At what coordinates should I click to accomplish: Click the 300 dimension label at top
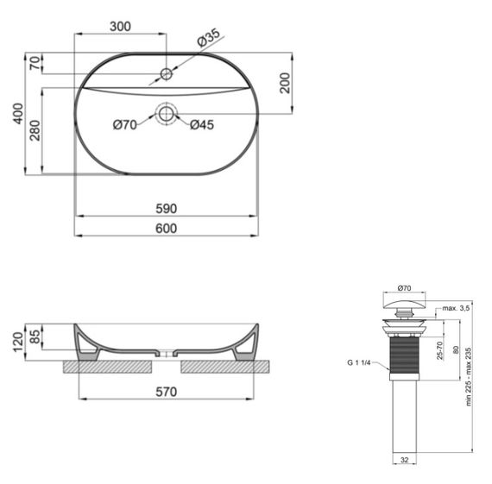coord(120,27)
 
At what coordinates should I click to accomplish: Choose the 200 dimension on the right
coord(284,84)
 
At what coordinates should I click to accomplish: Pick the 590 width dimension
coord(166,209)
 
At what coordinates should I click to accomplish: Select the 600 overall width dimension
coord(166,228)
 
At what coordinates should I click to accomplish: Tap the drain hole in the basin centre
coord(166,112)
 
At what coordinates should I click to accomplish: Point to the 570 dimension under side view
coord(166,391)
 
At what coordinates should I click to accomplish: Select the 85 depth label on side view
coord(34,336)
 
